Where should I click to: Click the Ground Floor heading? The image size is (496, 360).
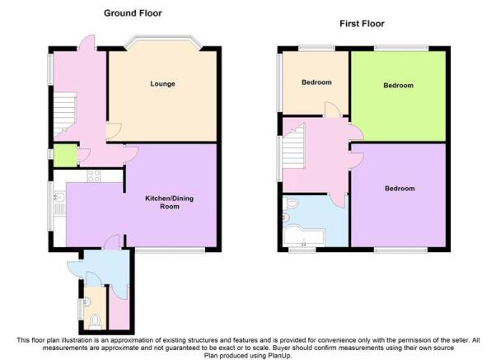click(133, 13)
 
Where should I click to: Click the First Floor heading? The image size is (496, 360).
click(362, 24)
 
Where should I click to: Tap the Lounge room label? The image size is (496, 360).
click(162, 84)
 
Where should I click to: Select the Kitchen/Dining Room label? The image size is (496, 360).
click(169, 203)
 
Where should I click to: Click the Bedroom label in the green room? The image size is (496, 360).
click(398, 86)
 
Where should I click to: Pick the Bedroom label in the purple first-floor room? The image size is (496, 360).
click(400, 189)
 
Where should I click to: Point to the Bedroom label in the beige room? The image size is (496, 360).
click(316, 82)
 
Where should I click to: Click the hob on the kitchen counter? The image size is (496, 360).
click(94, 176)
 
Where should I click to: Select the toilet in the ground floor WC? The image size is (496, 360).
click(95, 320)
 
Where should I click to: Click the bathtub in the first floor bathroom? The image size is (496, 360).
click(304, 236)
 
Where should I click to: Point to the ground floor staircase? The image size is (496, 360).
click(65, 115)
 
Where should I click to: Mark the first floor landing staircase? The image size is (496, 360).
click(293, 146)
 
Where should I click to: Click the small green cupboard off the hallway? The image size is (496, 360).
click(65, 156)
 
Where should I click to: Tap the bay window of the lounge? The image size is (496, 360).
click(163, 40)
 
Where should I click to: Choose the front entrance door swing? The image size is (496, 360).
click(87, 42)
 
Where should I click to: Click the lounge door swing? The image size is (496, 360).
click(113, 131)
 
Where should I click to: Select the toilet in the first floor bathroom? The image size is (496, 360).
click(290, 203)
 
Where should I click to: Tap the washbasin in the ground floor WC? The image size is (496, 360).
click(87, 302)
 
